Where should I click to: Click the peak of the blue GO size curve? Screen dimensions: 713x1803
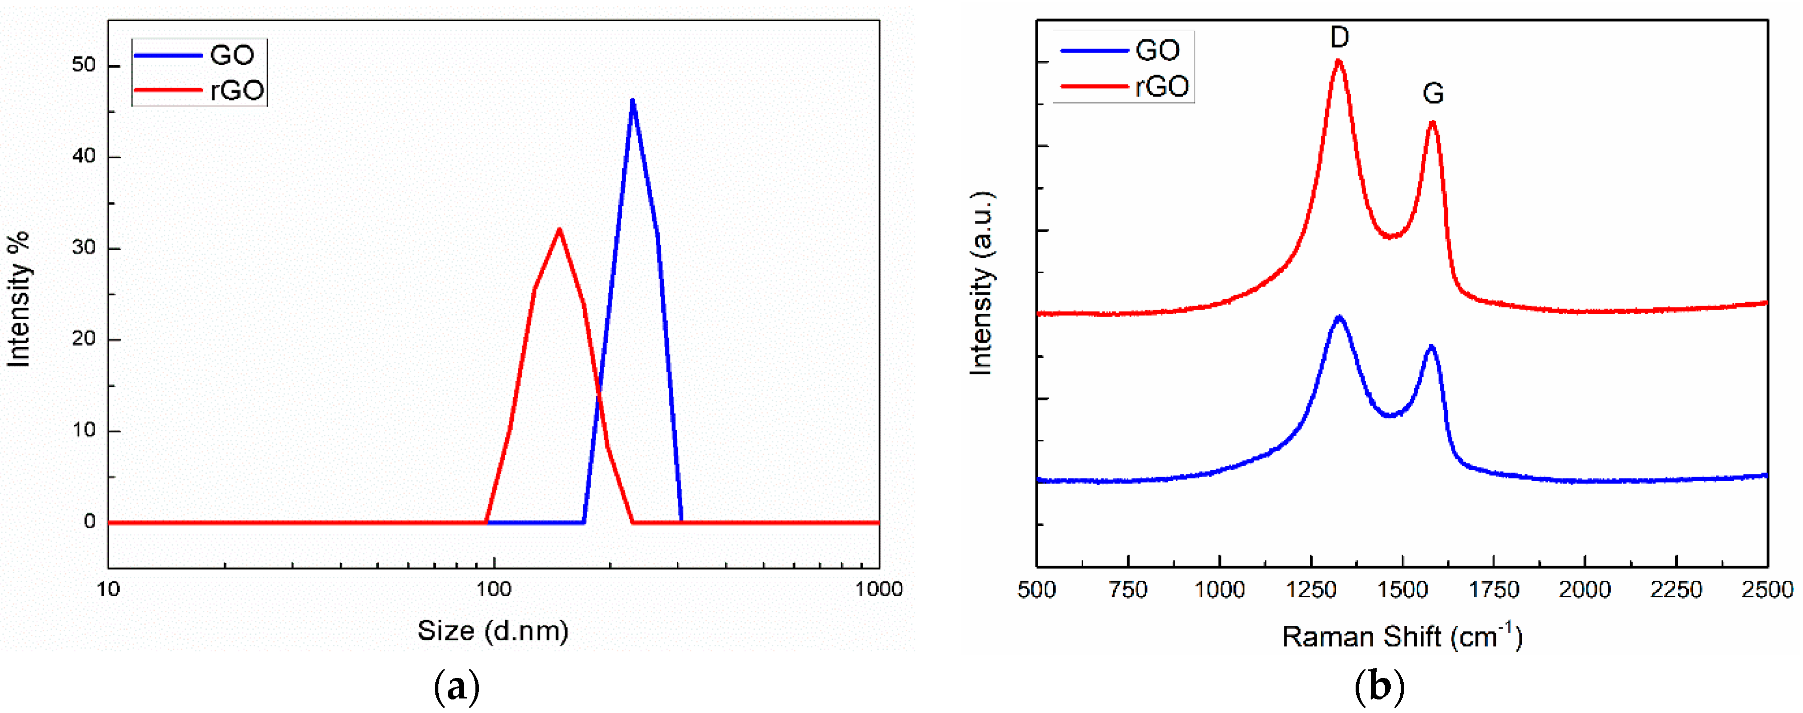[632, 101]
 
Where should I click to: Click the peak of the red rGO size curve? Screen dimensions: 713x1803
[559, 230]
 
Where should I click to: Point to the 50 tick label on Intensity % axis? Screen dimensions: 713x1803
[83, 65]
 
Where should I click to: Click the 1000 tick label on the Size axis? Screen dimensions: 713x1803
[878, 589]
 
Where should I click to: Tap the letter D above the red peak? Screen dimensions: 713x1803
[1339, 37]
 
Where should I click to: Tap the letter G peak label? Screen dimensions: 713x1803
[1433, 93]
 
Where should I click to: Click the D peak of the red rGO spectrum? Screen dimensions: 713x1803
[1338, 62]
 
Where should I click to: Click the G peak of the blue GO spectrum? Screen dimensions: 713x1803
[1431, 347]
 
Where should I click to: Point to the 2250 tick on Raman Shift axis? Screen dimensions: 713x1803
[1676, 590]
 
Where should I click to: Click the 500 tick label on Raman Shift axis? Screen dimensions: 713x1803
[1037, 590]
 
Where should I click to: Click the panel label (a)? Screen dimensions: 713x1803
[456, 687]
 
